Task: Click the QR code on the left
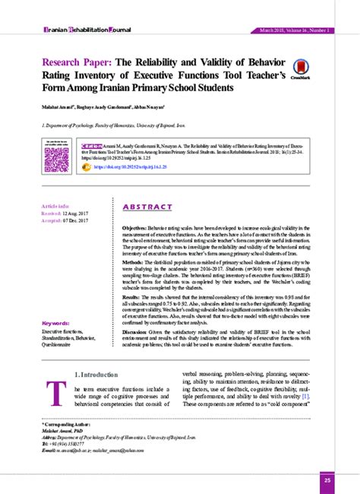click(57, 159)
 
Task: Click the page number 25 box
click(327, 480)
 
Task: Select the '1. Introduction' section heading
click(96, 375)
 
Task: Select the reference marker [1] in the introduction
click(305, 395)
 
